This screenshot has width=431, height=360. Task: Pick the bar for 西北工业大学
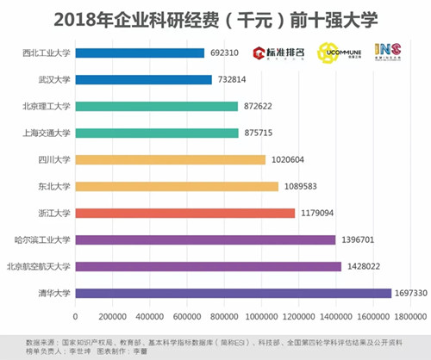[140, 53]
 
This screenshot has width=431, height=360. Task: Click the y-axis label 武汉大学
[53, 79]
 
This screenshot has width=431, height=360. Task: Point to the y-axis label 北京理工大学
[46, 106]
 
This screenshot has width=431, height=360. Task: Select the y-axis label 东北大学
[53, 186]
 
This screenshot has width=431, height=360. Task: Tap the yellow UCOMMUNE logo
[337, 53]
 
